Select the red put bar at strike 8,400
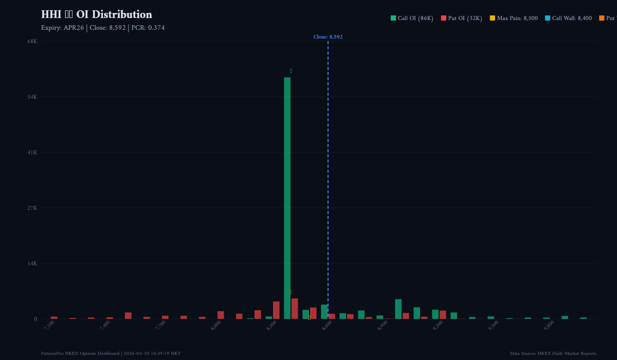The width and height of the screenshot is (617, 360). point(295,309)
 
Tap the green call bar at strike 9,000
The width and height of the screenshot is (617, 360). point(398,309)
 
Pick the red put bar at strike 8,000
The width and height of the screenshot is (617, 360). point(221,315)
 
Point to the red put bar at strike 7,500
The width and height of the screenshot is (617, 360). point(128,316)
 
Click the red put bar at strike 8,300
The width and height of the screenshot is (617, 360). point(276,310)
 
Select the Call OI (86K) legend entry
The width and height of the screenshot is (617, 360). point(412,19)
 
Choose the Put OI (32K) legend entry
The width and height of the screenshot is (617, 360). point(461,19)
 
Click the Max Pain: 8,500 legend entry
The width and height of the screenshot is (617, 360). point(514,19)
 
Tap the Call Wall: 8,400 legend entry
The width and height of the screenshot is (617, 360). point(568,19)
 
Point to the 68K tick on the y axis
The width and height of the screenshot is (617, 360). point(32,41)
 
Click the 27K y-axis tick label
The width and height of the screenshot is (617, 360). point(32,208)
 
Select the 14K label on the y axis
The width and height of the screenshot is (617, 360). point(32,263)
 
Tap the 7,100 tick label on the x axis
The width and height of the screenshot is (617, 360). point(49,325)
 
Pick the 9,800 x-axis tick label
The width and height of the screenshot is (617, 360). point(549,325)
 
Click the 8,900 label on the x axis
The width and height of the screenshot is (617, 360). point(383,325)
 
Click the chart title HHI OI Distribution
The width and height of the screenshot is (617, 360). point(97,15)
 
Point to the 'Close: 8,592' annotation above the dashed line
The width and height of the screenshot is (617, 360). point(328,37)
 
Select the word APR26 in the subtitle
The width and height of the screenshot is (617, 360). point(74,28)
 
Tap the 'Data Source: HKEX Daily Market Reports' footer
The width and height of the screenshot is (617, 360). point(553,353)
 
